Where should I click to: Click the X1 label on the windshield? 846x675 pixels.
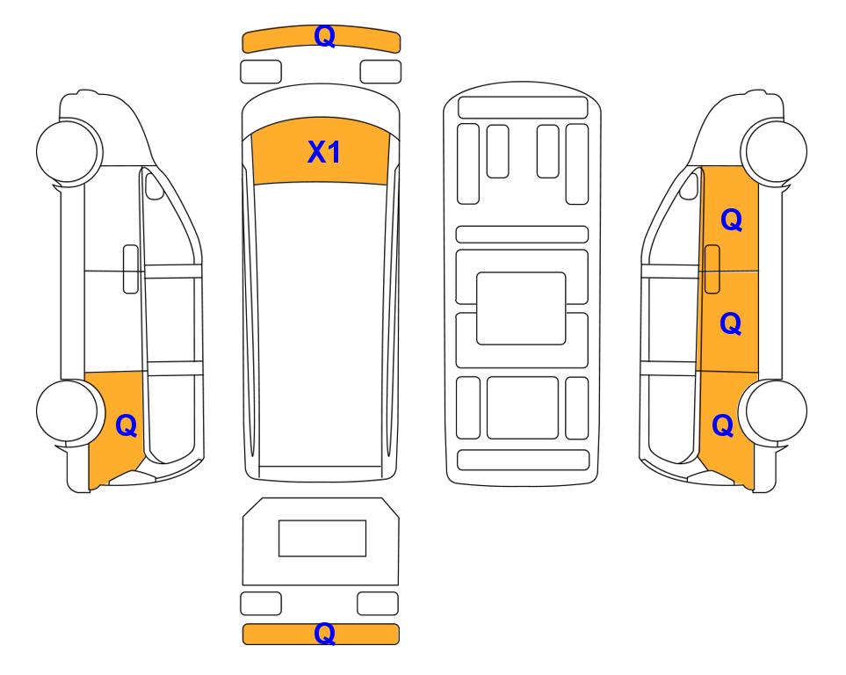(323, 152)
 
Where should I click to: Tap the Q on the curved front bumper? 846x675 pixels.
(325, 36)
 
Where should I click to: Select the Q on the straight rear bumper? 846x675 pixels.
(325, 633)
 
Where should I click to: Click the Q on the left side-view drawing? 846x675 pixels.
(127, 425)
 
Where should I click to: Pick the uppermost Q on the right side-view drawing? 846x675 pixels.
(732, 220)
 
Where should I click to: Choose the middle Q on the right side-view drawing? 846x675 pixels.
(731, 323)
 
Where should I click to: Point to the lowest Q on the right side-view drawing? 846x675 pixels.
(723, 425)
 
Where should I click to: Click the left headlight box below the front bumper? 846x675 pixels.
(261, 72)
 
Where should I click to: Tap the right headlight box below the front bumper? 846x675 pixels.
(380, 72)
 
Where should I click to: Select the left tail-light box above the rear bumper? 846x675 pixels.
(261, 603)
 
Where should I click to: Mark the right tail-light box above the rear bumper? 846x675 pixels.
(378, 603)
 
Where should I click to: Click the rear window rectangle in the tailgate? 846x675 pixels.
(322, 538)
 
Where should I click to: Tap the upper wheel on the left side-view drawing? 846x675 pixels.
(69, 150)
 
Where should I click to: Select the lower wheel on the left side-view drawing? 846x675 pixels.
(69, 411)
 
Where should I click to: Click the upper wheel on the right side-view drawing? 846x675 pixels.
(774, 150)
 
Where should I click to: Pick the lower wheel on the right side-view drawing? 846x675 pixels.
(774, 411)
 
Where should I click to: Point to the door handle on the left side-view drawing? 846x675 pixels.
(131, 269)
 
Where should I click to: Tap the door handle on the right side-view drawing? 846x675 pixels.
(712, 269)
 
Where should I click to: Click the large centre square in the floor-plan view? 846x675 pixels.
(521, 308)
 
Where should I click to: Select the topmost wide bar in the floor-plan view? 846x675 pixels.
(523, 107)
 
